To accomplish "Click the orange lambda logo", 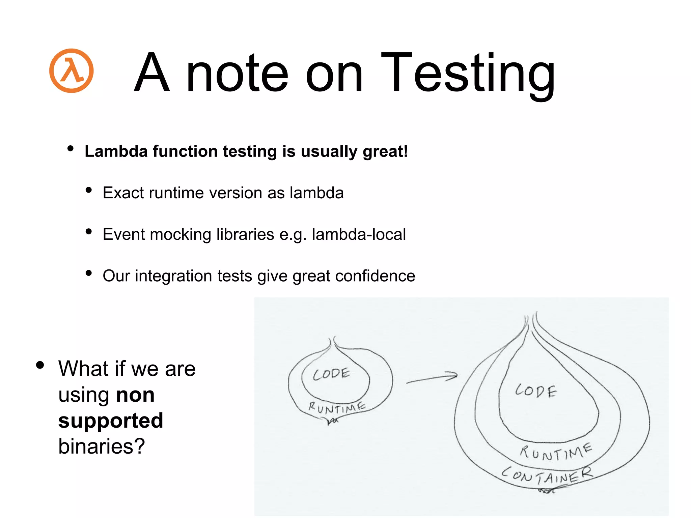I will pyautogui.click(x=71, y=70).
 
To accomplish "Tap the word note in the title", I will pyautogui.click(x=237, y=74).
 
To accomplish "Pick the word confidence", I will pyautogui.click(x=375, y=276).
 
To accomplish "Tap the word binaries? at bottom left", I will pyautogui.click(x=102, y=447).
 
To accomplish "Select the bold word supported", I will pyautogui.click(x=111, y=421).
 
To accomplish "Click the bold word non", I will pyautogui.click(x=135, y=395).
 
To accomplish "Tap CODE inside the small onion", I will pyautogui.click(x=331, y=374).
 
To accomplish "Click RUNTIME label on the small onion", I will pyautogui.click(x=337, y=408).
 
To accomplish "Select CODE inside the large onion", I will pyautogui.click(x=535, y=391).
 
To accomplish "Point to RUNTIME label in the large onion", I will pyautogui.click(x=555, y=452).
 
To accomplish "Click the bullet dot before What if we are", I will pyautogui.click(x=40, y=365).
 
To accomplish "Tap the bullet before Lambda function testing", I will pyautogui.click(x=70, y=148).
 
